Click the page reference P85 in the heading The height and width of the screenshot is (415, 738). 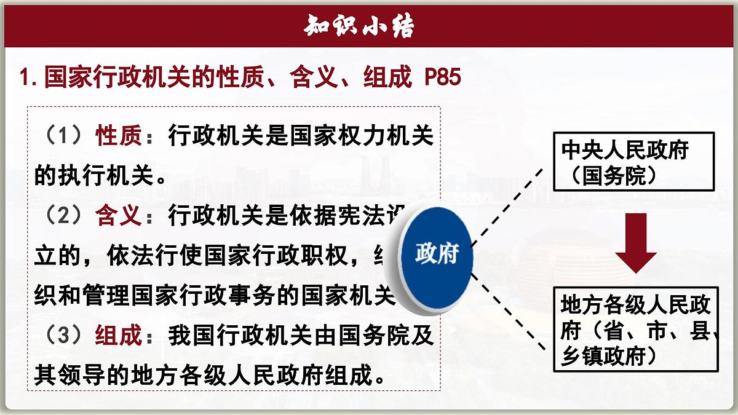442,78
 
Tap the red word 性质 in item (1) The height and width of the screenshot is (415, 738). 117,136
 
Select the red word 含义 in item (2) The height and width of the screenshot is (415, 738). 117,216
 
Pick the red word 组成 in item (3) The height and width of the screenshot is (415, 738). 117,336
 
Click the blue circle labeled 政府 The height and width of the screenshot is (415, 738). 437,254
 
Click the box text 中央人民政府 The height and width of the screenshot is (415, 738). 624,151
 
